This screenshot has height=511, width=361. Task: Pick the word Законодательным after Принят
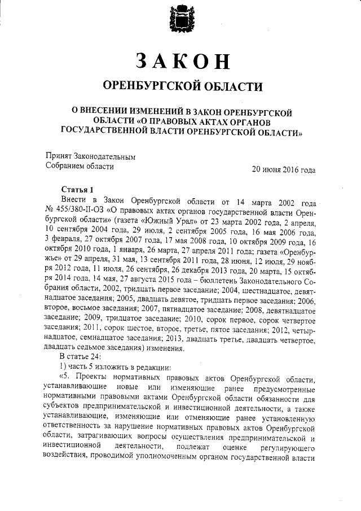[105, 156]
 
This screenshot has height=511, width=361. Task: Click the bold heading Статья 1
[75, 189]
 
